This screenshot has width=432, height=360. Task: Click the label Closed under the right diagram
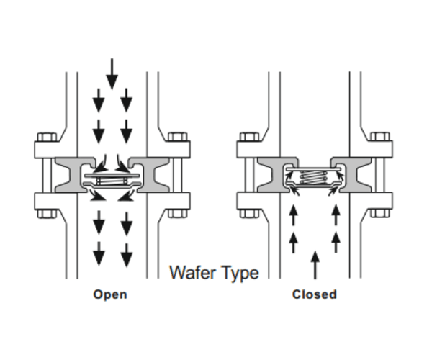[x=314, y=294]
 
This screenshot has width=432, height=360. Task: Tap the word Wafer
[x=191, y=272]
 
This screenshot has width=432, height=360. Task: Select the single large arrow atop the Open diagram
[x=112, y=74]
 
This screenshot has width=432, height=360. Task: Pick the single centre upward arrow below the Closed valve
[x=315, y=264]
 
